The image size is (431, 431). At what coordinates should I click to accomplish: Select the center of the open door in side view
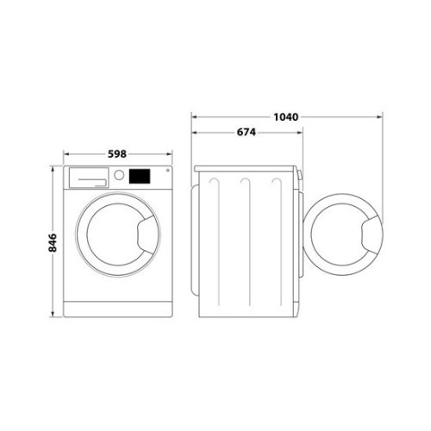(x=343, y=238)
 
